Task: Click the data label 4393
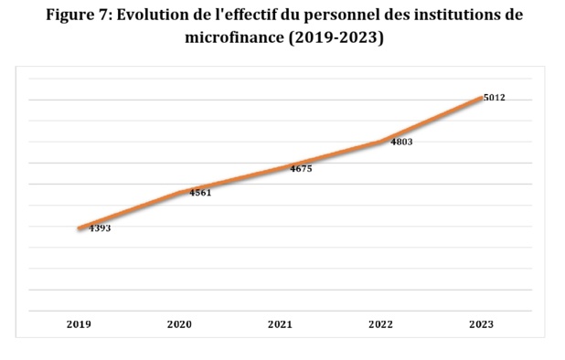[100, 228]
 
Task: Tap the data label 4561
[200, 193]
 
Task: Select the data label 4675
[301, 168]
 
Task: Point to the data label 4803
[401, 143]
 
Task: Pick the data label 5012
[495, 98]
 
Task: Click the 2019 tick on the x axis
[79, 324]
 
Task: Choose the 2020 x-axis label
[179, 324]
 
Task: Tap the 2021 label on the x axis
[280, 324]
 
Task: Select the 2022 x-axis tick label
[380, 324]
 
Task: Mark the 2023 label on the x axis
[481, 324]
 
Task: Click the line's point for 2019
[80, 228]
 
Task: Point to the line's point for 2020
[180, 192]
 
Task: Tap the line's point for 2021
[281, 168]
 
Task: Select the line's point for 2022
[381, 142]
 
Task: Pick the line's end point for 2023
[481, 97]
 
